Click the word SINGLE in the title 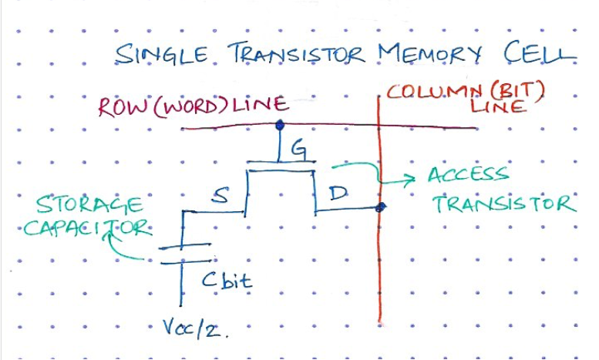pos(162,53)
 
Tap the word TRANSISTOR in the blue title pos(297,53)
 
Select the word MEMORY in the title pos(429,53)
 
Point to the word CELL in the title pos(539,52)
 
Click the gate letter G pos(298,150)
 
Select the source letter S pos(220,196)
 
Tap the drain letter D pos(338,193)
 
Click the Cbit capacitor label pos(227,280)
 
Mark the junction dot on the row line pos(280,124)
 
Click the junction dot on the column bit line pos(380,207)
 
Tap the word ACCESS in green pos(469,174)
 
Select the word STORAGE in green pos(89,205)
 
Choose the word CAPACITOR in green pos(88,228)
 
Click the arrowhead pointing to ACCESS pos(412,179)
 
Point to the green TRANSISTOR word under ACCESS pos(505,204)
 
